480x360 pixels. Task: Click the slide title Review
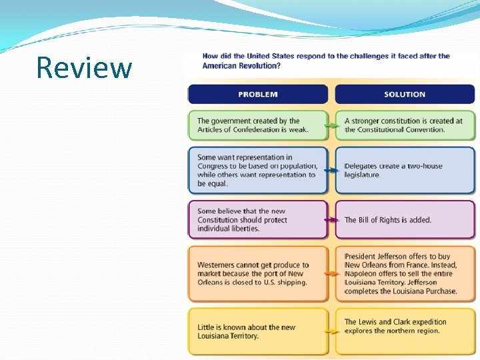(x=84, y=67)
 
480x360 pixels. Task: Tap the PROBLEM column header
(x=258, y=94)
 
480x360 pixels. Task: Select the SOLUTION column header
(x=405, y=94)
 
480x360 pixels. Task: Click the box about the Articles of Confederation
(x=257, y=125)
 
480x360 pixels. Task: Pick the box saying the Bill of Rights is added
(x=405, y=219)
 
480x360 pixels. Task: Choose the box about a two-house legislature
(x=405, y=171)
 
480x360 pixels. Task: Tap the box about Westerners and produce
(x=257, y=273)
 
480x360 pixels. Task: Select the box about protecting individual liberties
(x=257, y=219)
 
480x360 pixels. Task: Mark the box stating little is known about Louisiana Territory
(x=257, y=331)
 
